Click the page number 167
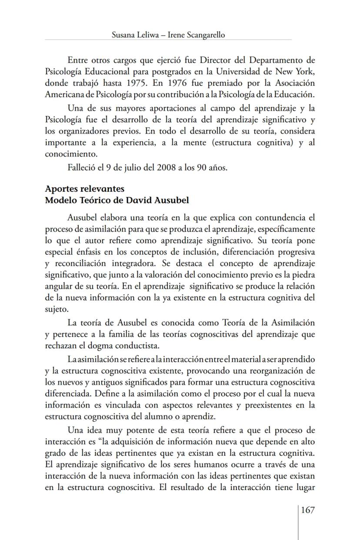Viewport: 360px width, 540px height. pos(307,510)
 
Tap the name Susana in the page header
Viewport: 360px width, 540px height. pos(124,35)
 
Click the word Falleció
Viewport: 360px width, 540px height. pos(82,167)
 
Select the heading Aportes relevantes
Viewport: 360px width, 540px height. pos(84,189)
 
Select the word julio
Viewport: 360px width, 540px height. pos(125,167)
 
